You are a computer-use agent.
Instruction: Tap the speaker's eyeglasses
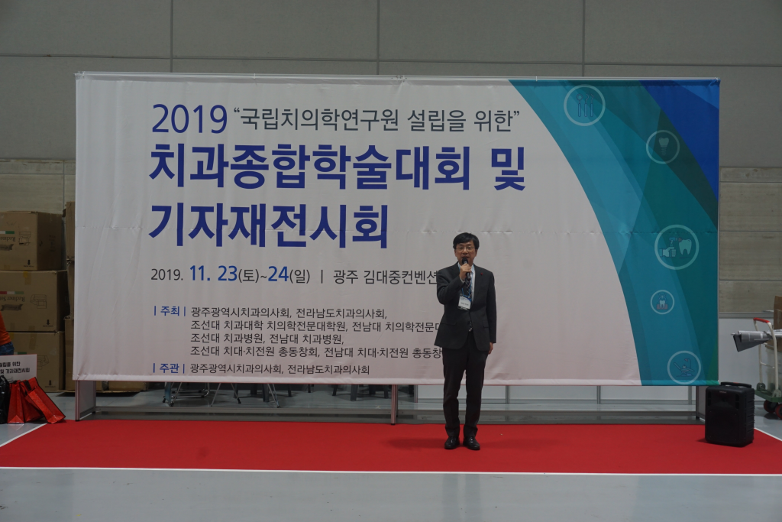click(464, 248)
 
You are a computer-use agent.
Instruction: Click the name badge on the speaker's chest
click(464, 301)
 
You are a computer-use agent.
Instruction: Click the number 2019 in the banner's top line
click(189, 119)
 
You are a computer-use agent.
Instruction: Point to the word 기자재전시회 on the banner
click(268, 225)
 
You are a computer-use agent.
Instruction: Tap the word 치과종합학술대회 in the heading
click(310, 166)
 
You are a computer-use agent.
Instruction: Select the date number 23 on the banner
click(227, 274)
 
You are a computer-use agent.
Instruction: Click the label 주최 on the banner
click(170, 311)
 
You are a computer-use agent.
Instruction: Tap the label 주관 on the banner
click(170, 368)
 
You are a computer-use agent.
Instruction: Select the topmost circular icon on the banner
click(584, 105)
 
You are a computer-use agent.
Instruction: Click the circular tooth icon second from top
click(662, 147)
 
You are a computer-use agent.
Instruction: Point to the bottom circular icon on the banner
click(683, 367)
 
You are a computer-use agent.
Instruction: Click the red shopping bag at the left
click(35, 400)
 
